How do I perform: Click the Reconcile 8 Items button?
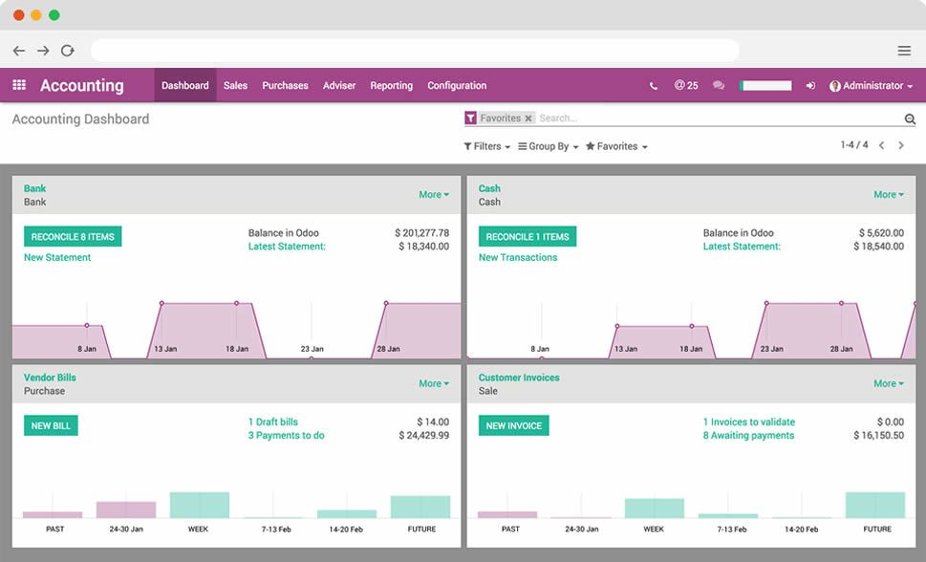click(x=73, y=236)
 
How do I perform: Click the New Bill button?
click(x=51, y=425)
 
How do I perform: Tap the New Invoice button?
click(x=513, y=425)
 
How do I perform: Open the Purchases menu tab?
click(x=285, y=85)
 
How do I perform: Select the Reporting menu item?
click(x=391, y=85)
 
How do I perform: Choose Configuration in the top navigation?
click(x=457, y=85)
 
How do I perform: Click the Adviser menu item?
click(x=339, y=85)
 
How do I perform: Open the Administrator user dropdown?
click(x=871, y=85)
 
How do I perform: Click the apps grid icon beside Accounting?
click(x=19, y=85)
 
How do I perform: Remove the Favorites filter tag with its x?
click(x=528, y=119)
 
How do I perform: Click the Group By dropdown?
click(x=549, y=146)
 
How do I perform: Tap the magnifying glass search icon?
click(x=910, y=119)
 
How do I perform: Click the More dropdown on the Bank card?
click(x=433, y=194)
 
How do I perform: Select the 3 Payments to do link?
click(x=286, y=435)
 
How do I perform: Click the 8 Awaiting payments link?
click(x=748, y=435)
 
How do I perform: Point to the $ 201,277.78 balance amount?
click(x=421, y=232)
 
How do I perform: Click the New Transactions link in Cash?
click(x=517, y=257)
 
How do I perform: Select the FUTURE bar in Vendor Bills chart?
click(x=420, y=507)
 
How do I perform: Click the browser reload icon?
click(x=68, y=51)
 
